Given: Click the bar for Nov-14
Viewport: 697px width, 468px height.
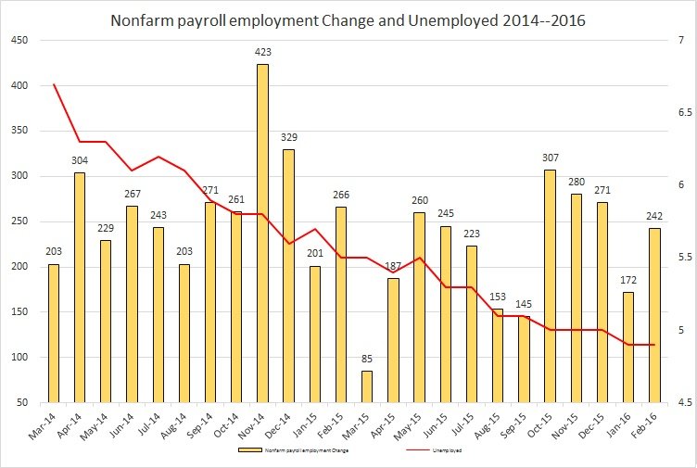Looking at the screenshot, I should (x=263, y=232).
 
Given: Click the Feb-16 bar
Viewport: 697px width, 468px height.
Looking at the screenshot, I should (x=654, y=315).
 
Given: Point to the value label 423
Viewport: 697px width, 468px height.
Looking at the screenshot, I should (x=263, y=53).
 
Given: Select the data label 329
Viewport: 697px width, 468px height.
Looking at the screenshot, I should (x=289, y=138).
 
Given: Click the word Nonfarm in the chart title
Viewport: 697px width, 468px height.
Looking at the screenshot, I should (x=145, y=19).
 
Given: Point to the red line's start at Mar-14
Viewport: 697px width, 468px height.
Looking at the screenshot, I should (x=54, y=84).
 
